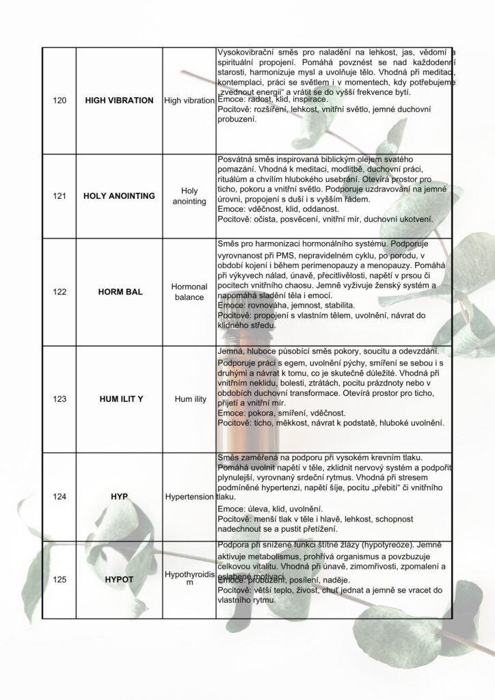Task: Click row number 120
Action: (59, 100)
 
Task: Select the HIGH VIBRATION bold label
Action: (119, 100)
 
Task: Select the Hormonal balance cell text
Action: (189, 292)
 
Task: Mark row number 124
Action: (59, 496)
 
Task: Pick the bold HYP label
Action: (119, 496)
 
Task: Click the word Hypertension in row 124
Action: (189, 496)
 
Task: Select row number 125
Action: (59, 580)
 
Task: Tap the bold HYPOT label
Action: (119, 580)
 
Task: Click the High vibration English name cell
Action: (189, 100)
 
